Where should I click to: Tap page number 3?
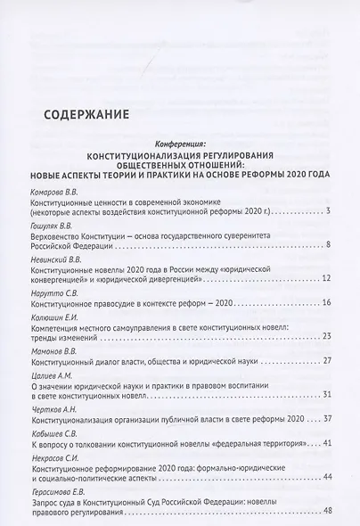coord(329,211)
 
